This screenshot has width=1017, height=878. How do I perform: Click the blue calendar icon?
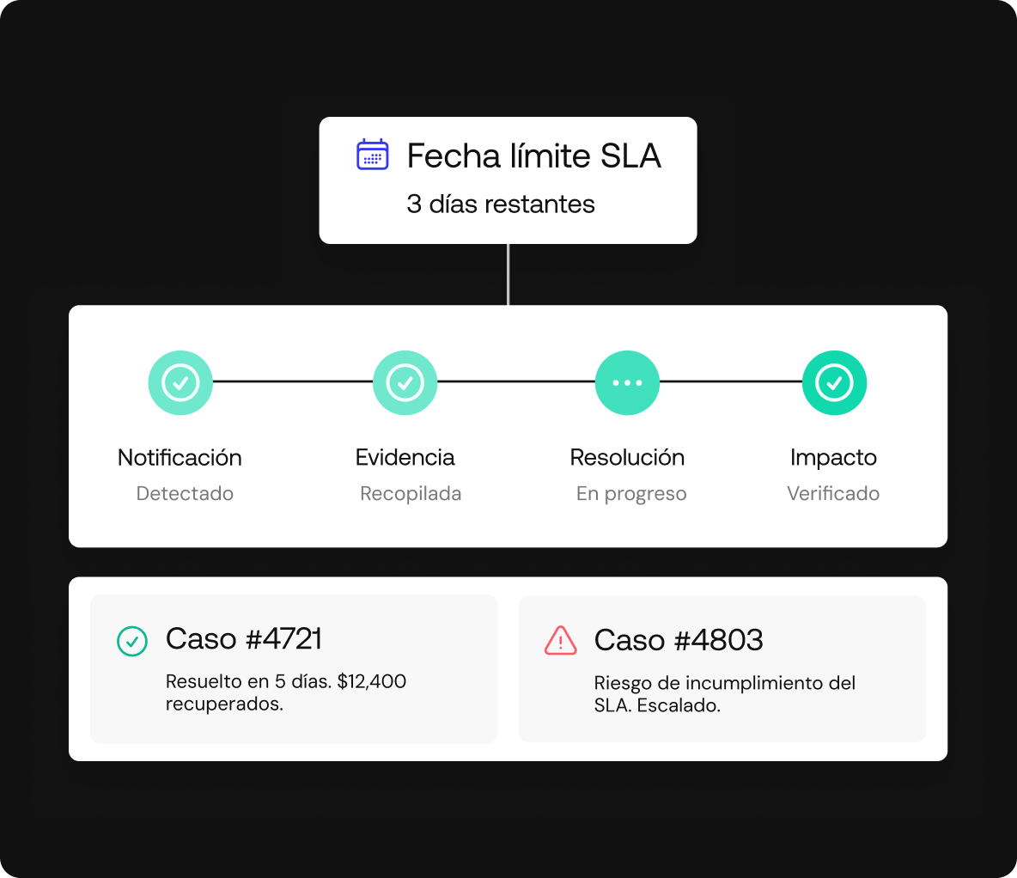pos(372,155)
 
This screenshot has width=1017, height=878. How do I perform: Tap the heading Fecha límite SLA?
pos(533,155)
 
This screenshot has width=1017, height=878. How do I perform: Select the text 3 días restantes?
pos(501,204)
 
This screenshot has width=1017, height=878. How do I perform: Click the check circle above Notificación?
pos(180,383)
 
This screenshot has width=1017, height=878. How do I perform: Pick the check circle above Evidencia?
pos(405,383)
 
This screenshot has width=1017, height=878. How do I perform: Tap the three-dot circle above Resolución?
pos(627,383)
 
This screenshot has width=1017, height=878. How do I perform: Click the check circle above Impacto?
pos(834,383)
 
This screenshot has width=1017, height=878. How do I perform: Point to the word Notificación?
pos(180,458)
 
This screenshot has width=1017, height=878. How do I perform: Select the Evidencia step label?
pos(405,458)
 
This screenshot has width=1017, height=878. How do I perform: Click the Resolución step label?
pos(627,458)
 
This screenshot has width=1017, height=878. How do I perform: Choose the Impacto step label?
pos(833,458)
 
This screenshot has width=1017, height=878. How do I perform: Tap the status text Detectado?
pos(185,493)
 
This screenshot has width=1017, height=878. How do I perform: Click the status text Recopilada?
pos(411,494)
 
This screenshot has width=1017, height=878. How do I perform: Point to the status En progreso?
pos(631,494)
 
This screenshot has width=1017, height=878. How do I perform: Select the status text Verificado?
pos(833,493)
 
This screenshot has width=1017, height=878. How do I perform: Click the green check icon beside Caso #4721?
pos(131,641)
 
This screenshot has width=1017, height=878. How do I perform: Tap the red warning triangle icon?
pos(560,641)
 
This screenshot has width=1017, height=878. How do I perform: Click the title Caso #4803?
pos(679,640)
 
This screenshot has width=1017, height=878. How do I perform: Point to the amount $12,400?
pos(372,681)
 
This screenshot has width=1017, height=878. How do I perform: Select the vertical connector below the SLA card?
pos(508,275)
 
